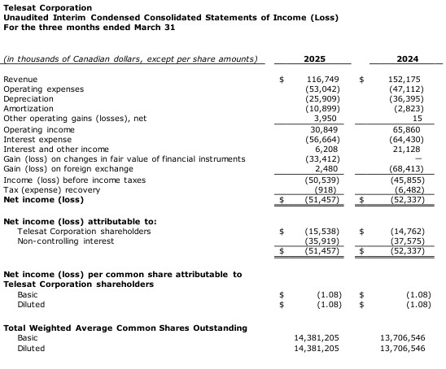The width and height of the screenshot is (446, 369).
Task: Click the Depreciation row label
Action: pyautogui.click(x=28, y=98)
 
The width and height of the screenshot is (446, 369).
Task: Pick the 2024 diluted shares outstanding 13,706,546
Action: pyautogui.click(x=402, y=348)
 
